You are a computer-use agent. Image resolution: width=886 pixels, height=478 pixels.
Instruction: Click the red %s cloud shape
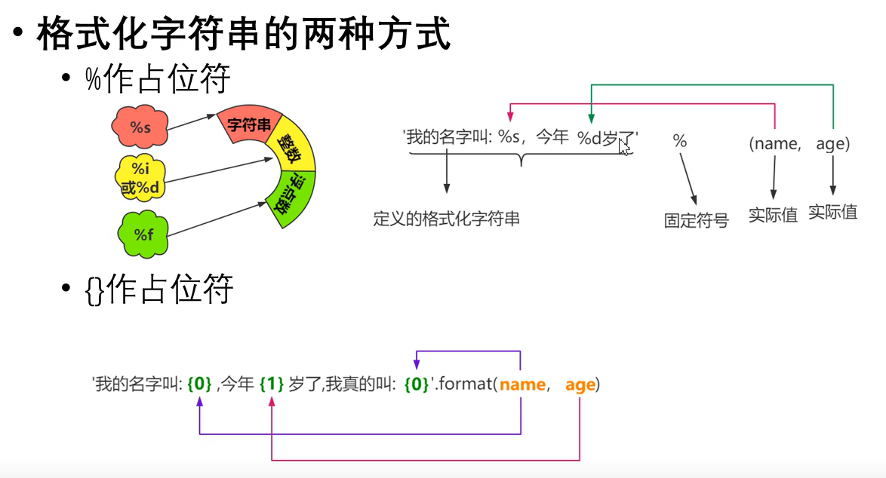[140, 127]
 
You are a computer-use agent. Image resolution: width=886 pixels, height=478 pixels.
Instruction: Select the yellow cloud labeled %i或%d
[140, 179]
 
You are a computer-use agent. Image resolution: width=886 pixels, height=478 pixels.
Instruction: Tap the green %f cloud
[143, 234]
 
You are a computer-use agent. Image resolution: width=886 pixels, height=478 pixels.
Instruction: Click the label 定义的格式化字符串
[446, 219]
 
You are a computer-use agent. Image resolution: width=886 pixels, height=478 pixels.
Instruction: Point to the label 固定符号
[696, 221]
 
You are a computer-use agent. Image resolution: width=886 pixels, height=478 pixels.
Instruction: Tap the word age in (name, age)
[831, 143]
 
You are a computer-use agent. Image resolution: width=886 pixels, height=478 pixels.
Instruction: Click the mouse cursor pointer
[623, 146]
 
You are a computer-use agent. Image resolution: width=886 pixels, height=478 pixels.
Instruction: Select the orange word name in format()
[522, 385]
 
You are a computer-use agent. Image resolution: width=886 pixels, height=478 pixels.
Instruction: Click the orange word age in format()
[580, 385]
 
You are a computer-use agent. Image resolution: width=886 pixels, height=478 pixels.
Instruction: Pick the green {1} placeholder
[271, 385]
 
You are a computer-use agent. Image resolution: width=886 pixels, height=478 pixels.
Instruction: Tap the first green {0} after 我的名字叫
[199, 385]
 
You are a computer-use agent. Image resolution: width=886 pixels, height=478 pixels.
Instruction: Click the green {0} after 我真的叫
[417, 385]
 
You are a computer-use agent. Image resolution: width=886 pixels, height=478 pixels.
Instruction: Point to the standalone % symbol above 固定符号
[679, 141]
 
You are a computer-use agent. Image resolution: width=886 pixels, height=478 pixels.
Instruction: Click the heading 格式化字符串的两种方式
[243, 35]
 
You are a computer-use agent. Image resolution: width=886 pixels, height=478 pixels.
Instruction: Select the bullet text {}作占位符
[159, 290]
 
